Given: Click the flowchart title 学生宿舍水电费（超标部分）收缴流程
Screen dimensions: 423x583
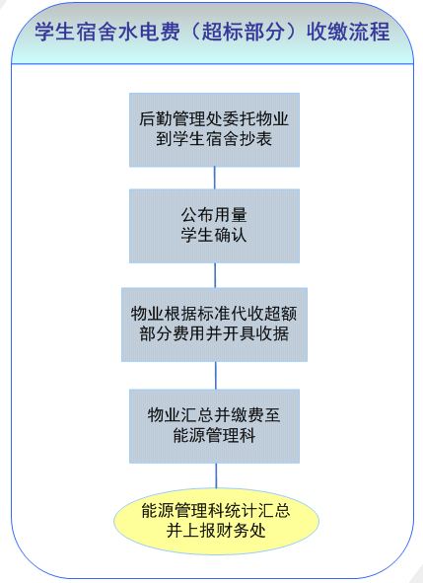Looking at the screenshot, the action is click(212, 32).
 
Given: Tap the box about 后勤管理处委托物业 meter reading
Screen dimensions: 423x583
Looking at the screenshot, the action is click(214, 130).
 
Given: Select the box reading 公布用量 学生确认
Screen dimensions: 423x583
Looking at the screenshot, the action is click(214, 226).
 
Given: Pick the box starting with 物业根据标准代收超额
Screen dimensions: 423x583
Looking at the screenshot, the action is click(215, 325).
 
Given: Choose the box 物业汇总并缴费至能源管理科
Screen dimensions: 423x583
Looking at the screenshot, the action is click(214, 426).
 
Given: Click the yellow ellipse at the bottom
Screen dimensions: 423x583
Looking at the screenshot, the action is click(216, 521).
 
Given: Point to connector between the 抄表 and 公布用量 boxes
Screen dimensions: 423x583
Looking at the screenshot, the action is click(215, 179).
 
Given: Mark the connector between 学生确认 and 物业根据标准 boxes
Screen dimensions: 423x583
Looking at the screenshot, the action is click(215, 275).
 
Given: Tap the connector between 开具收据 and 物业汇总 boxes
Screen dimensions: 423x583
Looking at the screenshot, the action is click(216, 376).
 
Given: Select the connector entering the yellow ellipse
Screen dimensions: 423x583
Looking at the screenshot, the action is click(216, 475).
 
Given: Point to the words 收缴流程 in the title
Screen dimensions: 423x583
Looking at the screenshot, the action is click(348, 32).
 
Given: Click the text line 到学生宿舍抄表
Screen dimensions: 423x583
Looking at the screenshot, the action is click(214, 139).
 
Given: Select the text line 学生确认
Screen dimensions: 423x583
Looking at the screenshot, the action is click(214, 235).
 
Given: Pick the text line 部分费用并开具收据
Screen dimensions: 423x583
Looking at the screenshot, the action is click(214, 333).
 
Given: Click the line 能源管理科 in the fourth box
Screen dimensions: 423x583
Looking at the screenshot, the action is click(214, 435).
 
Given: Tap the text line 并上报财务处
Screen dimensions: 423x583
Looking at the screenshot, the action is click(216, 531).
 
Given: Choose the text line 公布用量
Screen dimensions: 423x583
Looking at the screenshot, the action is click(214, 215).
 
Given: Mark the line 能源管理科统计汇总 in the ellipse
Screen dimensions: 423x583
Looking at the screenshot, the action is click(216, 511).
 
